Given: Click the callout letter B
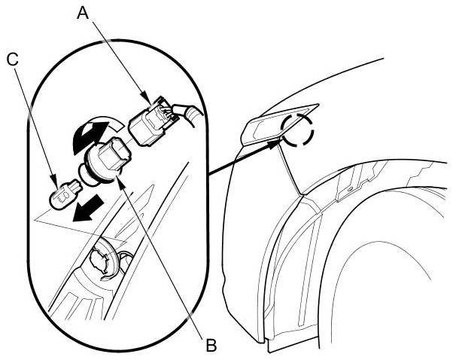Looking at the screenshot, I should click(x=211, y=345).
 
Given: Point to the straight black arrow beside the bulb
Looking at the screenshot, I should click(x=82, y=209).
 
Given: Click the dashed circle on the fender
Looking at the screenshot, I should click(x=299, y=130).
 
